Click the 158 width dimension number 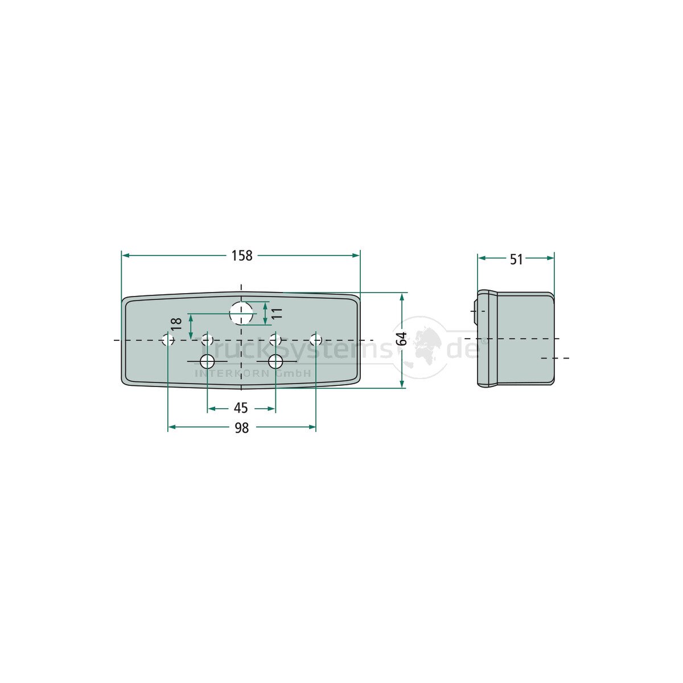click(x=241, y=256)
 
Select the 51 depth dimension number click(x=516, y=260)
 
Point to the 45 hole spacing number click(x=241, y=408)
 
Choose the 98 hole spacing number click(x=241, y=427)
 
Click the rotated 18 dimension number click(x=176, y=324)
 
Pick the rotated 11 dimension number click(x=277, y=313)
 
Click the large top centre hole click(x=241, y=312)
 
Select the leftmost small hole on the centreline click(x=168, y=340)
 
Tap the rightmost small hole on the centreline click(x=316, y=340)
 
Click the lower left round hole click(x=207, y=361)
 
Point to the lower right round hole click(x=276, y=361)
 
